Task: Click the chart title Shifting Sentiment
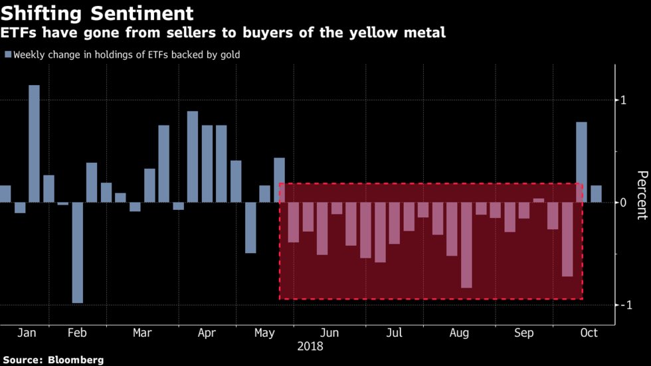98,13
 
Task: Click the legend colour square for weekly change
7,55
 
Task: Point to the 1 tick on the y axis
624,100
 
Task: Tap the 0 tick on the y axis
624,203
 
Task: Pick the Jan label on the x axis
26,333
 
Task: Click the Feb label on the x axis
78,333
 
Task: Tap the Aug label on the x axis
459,333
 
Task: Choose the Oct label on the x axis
589,333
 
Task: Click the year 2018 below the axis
310,346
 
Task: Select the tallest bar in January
34,143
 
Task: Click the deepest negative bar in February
78,252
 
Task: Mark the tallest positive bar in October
581,162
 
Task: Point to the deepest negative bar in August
466,245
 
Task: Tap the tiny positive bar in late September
538,200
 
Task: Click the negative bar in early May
250,227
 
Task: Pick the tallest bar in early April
193,157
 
